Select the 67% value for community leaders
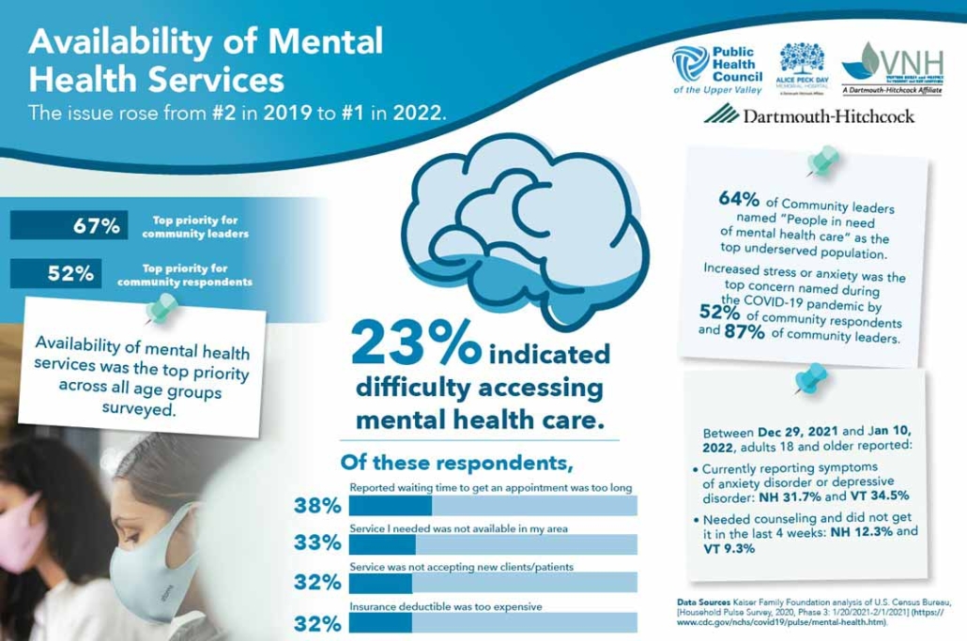point(97,226)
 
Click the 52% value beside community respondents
point(71,274)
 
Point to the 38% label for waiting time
point(316,507)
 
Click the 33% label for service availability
point(316,543)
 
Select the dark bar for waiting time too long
point(390,506)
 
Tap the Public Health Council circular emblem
point(690,63)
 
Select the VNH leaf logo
point(862,62)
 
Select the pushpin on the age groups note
point(165,307)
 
